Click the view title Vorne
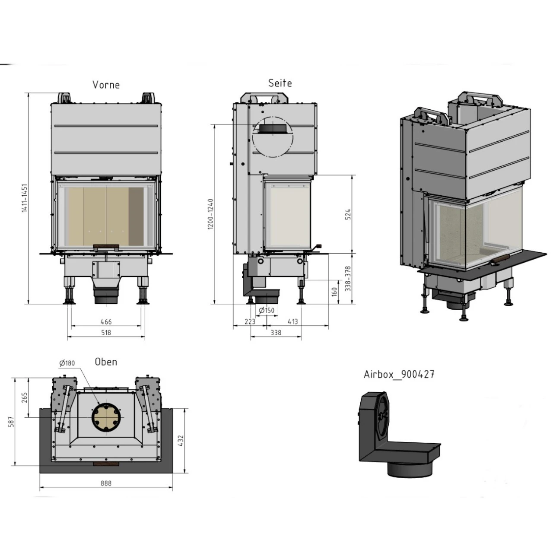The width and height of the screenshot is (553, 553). (x=106, y=85)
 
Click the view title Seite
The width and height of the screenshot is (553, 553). (x=280, y=83)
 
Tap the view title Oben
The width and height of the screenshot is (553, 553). (x=106, y=362)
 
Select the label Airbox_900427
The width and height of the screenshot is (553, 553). (x=399, y=374)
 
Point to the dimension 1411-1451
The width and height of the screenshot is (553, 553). (x=25, y=198)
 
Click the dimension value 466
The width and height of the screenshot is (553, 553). (x=106, y=322)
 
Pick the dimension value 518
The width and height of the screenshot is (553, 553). (x=106, y=333)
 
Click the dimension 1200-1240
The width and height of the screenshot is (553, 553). (x=211, y=214)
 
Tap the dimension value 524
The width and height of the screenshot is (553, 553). (x=348, y=214)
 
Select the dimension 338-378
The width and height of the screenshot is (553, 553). (x=348, y=279)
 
